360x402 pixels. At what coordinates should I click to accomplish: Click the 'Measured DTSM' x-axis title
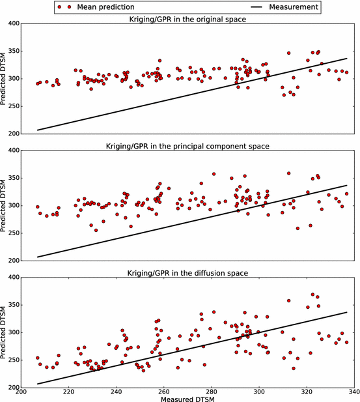(x=185, y=397)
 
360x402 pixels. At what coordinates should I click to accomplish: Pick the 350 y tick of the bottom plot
(x=12, y=305)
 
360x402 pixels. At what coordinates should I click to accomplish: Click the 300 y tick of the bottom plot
(x=12, y=332)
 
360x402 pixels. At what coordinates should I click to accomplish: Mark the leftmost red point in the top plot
(x=37, y=83)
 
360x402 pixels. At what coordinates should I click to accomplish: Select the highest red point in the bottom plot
(x=313, y=294)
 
